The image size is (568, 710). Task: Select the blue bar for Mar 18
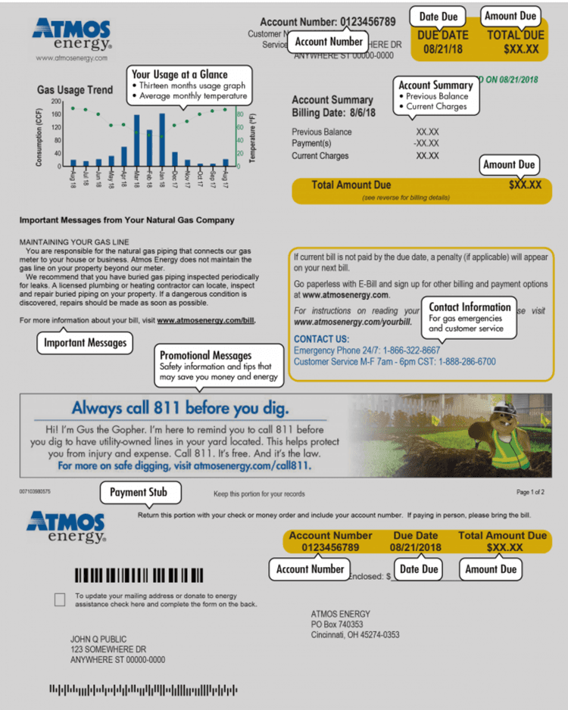pos(136,141)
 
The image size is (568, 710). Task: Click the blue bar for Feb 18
pos(149,148)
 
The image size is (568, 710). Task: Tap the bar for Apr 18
pos(124,157)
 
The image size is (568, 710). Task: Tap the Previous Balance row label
pos(321,132)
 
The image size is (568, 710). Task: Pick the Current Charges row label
pos(320,156)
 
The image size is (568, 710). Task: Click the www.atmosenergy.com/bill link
pos(205,320)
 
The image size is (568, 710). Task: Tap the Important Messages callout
pos(84,343)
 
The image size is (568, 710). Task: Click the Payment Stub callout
pos(139,492)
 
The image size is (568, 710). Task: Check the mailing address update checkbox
pos(60,599)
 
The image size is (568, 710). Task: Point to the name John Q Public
pos(98,639)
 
